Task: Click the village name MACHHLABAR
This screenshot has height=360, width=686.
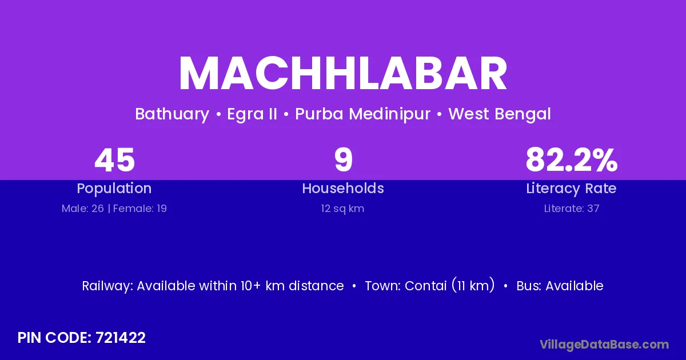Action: [343, 73]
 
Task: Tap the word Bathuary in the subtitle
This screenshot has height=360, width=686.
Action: [172, 114]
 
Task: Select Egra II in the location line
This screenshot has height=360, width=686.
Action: [252, 114]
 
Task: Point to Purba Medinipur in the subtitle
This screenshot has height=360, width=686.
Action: [362, 114]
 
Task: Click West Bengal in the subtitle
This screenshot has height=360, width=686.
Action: [500, 114]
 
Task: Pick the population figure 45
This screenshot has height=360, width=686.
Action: [114, 160]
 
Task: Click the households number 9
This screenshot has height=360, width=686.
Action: [344, 159]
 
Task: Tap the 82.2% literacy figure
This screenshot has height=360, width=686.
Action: [572, 160]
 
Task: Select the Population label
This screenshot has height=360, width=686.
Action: [114, 189]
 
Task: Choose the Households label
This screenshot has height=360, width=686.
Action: [343, 188]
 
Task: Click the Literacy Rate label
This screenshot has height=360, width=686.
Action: [571, 189]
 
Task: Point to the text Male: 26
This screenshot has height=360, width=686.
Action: [83, 209]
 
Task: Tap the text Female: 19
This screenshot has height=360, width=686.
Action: [140, 209]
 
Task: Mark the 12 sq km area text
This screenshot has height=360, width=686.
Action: [342, 209]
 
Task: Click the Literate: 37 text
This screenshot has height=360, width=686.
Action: [572, 209]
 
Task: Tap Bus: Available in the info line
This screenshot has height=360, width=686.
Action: [560, 286]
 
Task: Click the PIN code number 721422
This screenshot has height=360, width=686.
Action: [121, 338]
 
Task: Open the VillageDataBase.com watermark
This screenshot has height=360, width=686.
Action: [604, 345]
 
